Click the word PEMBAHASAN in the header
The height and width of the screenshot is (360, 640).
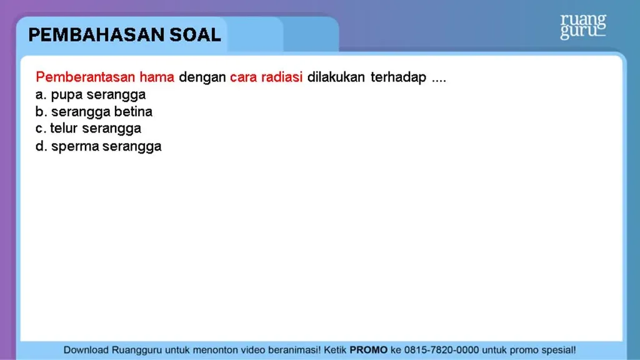pos(97,35)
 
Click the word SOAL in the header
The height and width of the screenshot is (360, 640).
pos(196,35)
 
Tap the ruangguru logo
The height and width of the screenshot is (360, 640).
pos(582,26)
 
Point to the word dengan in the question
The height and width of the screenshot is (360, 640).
pos(202,77)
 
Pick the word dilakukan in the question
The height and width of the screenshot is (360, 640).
pos(336,77)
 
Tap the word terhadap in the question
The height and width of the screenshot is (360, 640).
pos(398,77)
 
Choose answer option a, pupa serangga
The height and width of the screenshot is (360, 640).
pos(91,95)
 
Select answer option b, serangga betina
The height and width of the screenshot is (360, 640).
pos(94,112)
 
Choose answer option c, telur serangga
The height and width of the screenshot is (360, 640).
pos(88,129)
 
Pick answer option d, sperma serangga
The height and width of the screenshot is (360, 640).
pos(98,146)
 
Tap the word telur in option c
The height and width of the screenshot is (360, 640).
pos(64,129)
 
